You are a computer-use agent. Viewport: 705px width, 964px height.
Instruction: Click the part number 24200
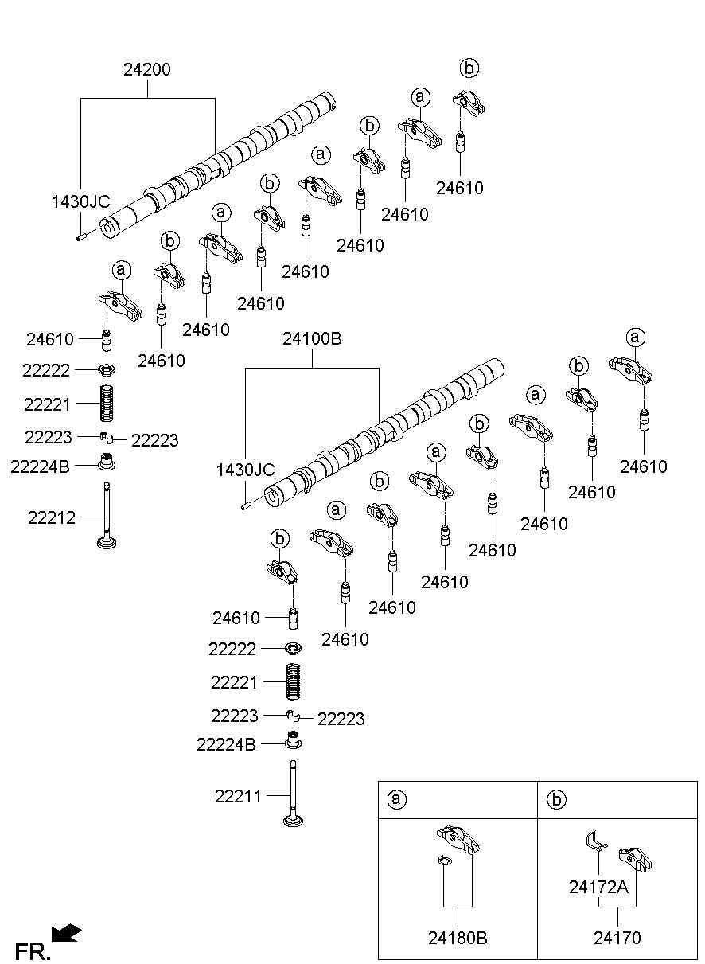click(x=146, y=70)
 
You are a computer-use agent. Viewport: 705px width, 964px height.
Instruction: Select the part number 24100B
click(x=312, y=339)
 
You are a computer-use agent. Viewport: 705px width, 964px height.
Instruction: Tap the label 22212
click(x=52, y=517)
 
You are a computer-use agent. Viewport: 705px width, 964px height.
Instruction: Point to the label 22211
click(x=238, y=795)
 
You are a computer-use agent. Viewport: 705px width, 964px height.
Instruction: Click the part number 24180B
click(x=458, y=938)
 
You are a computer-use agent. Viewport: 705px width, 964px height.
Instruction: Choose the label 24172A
click(x=598, y=886)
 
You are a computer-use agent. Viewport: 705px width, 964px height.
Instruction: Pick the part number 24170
click(x=617, y=938)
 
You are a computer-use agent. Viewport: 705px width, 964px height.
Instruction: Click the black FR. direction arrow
click(x=67, y=932)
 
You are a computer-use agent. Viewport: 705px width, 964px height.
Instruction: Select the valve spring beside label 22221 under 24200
click(x=107, y=403)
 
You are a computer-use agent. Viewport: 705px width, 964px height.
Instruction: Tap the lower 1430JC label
click(x=245, y=470)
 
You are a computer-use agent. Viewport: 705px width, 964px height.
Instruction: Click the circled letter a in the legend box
click(x=395, y=799)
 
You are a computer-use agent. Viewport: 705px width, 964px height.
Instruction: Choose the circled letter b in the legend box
click(x=555, y=799)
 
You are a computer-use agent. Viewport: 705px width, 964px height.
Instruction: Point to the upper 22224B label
click(x=41, y=466)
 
